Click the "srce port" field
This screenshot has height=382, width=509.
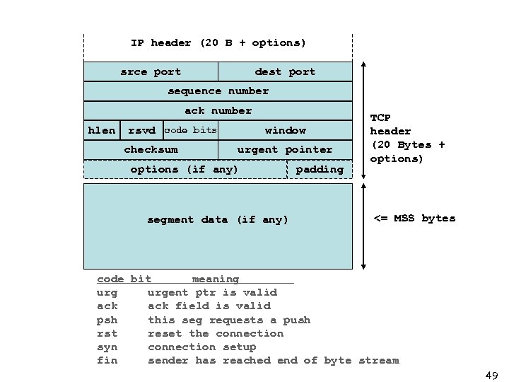[151, 71]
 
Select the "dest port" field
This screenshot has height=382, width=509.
[285, 71]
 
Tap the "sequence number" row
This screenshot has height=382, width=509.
[218, 91]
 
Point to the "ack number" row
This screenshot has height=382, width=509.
[218, 110]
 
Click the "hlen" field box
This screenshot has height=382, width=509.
[102, 130]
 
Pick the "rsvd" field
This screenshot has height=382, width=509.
[141, 130]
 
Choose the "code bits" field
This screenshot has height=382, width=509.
[190, 130]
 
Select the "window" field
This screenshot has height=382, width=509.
[285, 130]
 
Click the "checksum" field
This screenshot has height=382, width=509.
[151, 149]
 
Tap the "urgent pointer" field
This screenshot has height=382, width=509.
[285, 149]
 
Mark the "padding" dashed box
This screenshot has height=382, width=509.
[319, 169]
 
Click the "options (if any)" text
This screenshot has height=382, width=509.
[184, 169]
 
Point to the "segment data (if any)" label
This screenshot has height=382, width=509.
[218, 220]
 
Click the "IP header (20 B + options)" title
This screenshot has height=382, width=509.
[218, 43]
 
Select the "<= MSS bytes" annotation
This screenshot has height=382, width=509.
[414, 218]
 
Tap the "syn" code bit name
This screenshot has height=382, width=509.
[107, 347]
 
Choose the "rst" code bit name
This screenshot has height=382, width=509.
[107, 333]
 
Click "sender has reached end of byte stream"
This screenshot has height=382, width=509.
[273, 361]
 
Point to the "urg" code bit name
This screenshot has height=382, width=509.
[107, 292]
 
